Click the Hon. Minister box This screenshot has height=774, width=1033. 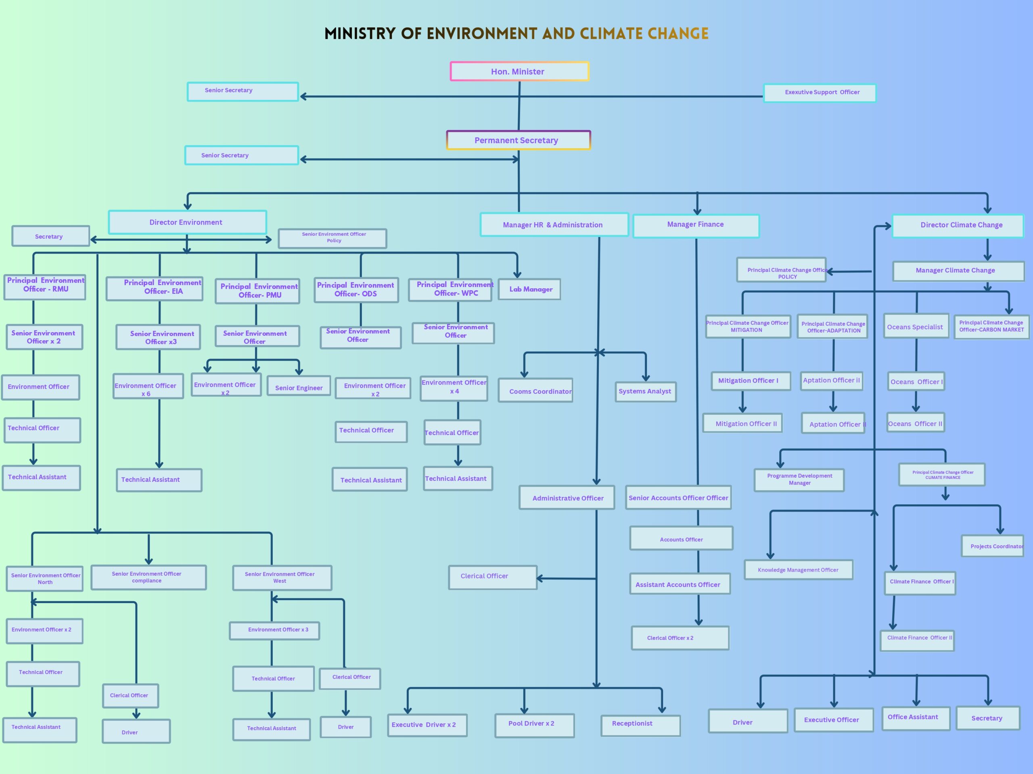coord(519,71)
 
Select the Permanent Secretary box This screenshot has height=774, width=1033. coord(519,140)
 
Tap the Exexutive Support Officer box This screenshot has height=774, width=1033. coord(820,93)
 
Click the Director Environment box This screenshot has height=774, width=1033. coord(187,222)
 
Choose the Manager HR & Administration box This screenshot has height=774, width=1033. coord(554,225)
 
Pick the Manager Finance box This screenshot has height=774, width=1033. coord(696,226)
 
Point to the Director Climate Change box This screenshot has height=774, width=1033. coord(958,226)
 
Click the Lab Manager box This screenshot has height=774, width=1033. coord(529,289)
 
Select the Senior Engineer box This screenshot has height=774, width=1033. coord(299,386)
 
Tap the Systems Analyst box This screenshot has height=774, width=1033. coord(645,392)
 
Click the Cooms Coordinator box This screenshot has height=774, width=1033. coord(535,390)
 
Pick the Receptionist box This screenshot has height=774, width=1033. coord(640,726)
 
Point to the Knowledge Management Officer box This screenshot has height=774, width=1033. coord(799,570)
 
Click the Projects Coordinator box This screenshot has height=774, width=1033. coord(992,546)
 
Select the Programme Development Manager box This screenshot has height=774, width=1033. coord(799,480)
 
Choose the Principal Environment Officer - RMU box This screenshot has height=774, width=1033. coord(45,287)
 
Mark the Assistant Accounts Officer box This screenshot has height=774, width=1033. coord(680,584)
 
